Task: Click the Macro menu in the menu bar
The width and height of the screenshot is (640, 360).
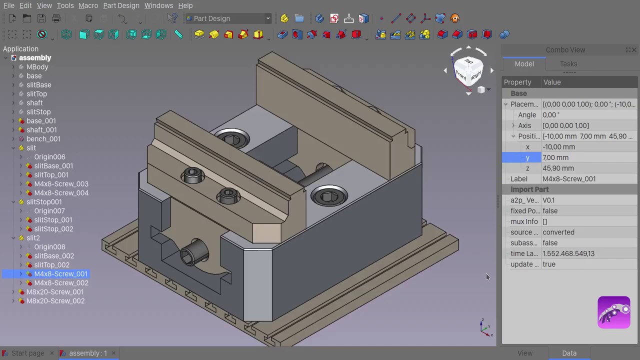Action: [88, 5]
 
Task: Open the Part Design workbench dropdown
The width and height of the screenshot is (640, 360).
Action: [228, 18]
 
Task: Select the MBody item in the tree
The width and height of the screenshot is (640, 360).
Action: [37, 67]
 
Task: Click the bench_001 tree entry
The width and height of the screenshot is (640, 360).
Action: [43, 139]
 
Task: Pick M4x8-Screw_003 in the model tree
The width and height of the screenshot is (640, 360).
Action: [61, 184]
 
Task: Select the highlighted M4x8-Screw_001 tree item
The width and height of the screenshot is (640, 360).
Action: [60, 274]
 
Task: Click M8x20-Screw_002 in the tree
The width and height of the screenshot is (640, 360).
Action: [55, 301]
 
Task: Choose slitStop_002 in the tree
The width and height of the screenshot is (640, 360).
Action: [53, 229]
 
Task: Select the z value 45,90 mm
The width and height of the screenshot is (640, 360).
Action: [558, 168]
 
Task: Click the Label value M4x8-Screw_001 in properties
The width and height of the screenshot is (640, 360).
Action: [568, 179]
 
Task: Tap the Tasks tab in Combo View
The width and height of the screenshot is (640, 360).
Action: [568, 64]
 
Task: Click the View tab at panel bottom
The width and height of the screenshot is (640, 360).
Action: [524, 353]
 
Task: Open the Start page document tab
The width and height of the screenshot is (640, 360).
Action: [27, 353]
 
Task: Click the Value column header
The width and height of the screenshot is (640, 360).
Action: [552, 82]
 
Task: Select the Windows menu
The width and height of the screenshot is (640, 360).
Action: [158, 5]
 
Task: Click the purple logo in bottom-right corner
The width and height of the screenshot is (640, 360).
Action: [613, 312]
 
